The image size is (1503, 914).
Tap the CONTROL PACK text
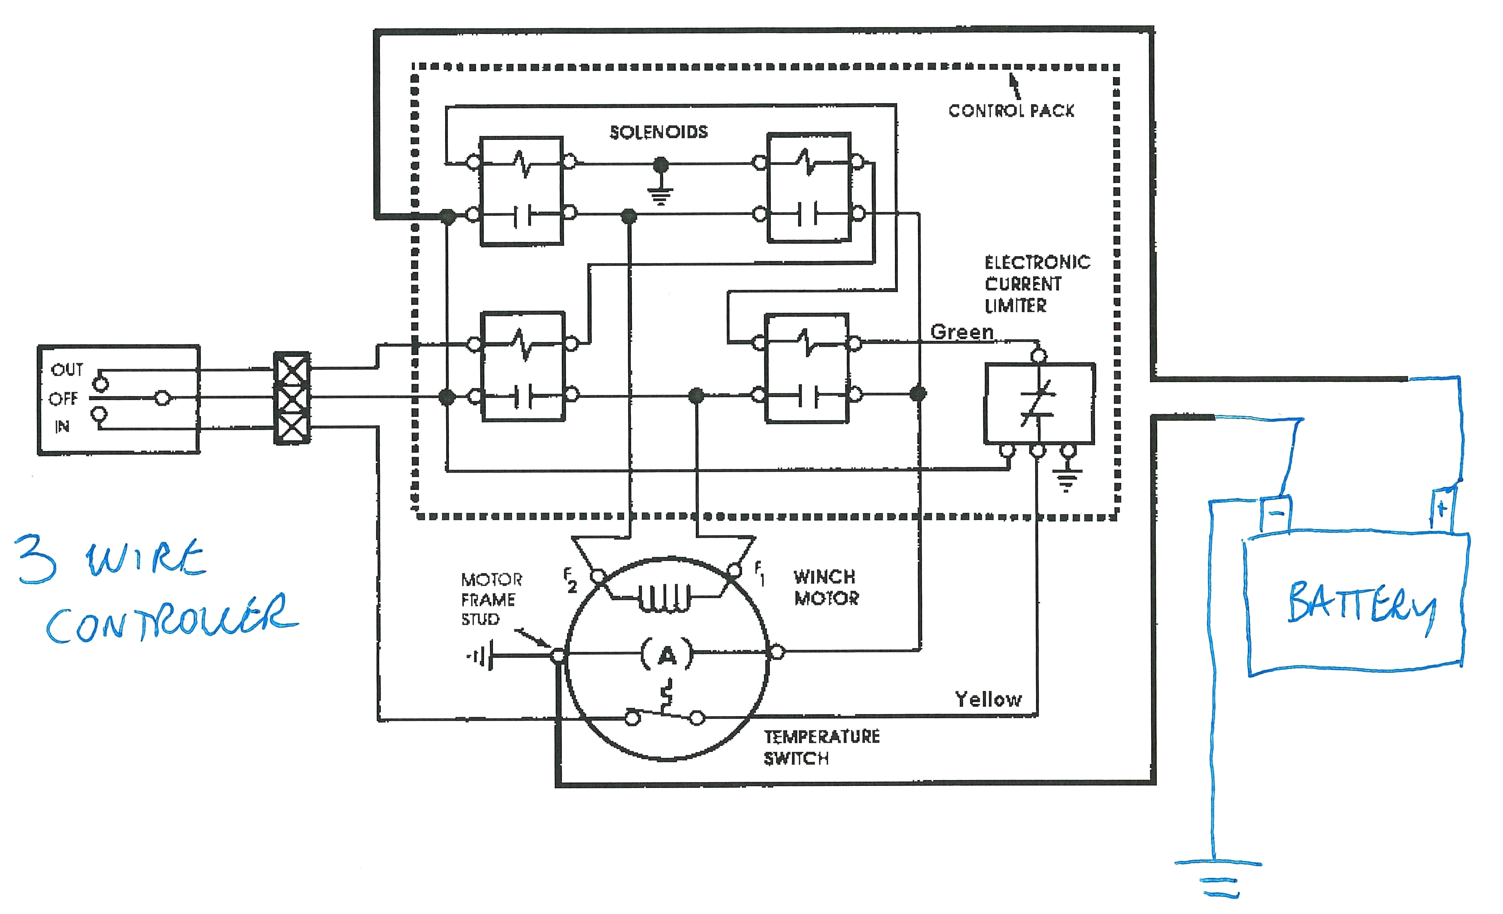1011,110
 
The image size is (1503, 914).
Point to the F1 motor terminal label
759,573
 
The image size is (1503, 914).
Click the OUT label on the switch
67,369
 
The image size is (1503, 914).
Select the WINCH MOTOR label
825,587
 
